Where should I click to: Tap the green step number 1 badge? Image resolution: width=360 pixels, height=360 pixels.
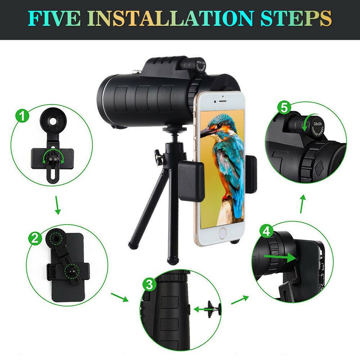pyautogui.click(x=23, y=115)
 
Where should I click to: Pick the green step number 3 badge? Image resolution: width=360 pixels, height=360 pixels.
pyautogui.click(x=149, y=285)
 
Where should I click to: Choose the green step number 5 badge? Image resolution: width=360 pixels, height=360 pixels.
pyautogui.click(x=284, y=108)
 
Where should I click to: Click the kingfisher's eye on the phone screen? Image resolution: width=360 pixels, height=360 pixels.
pyautogui.click(x=216, y=124)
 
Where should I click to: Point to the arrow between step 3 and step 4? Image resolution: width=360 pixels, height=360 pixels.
pyautogui.click(x=240, y=300)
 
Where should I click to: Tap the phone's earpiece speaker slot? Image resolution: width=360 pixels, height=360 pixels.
pyautogui.click(x=220, y=101)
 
